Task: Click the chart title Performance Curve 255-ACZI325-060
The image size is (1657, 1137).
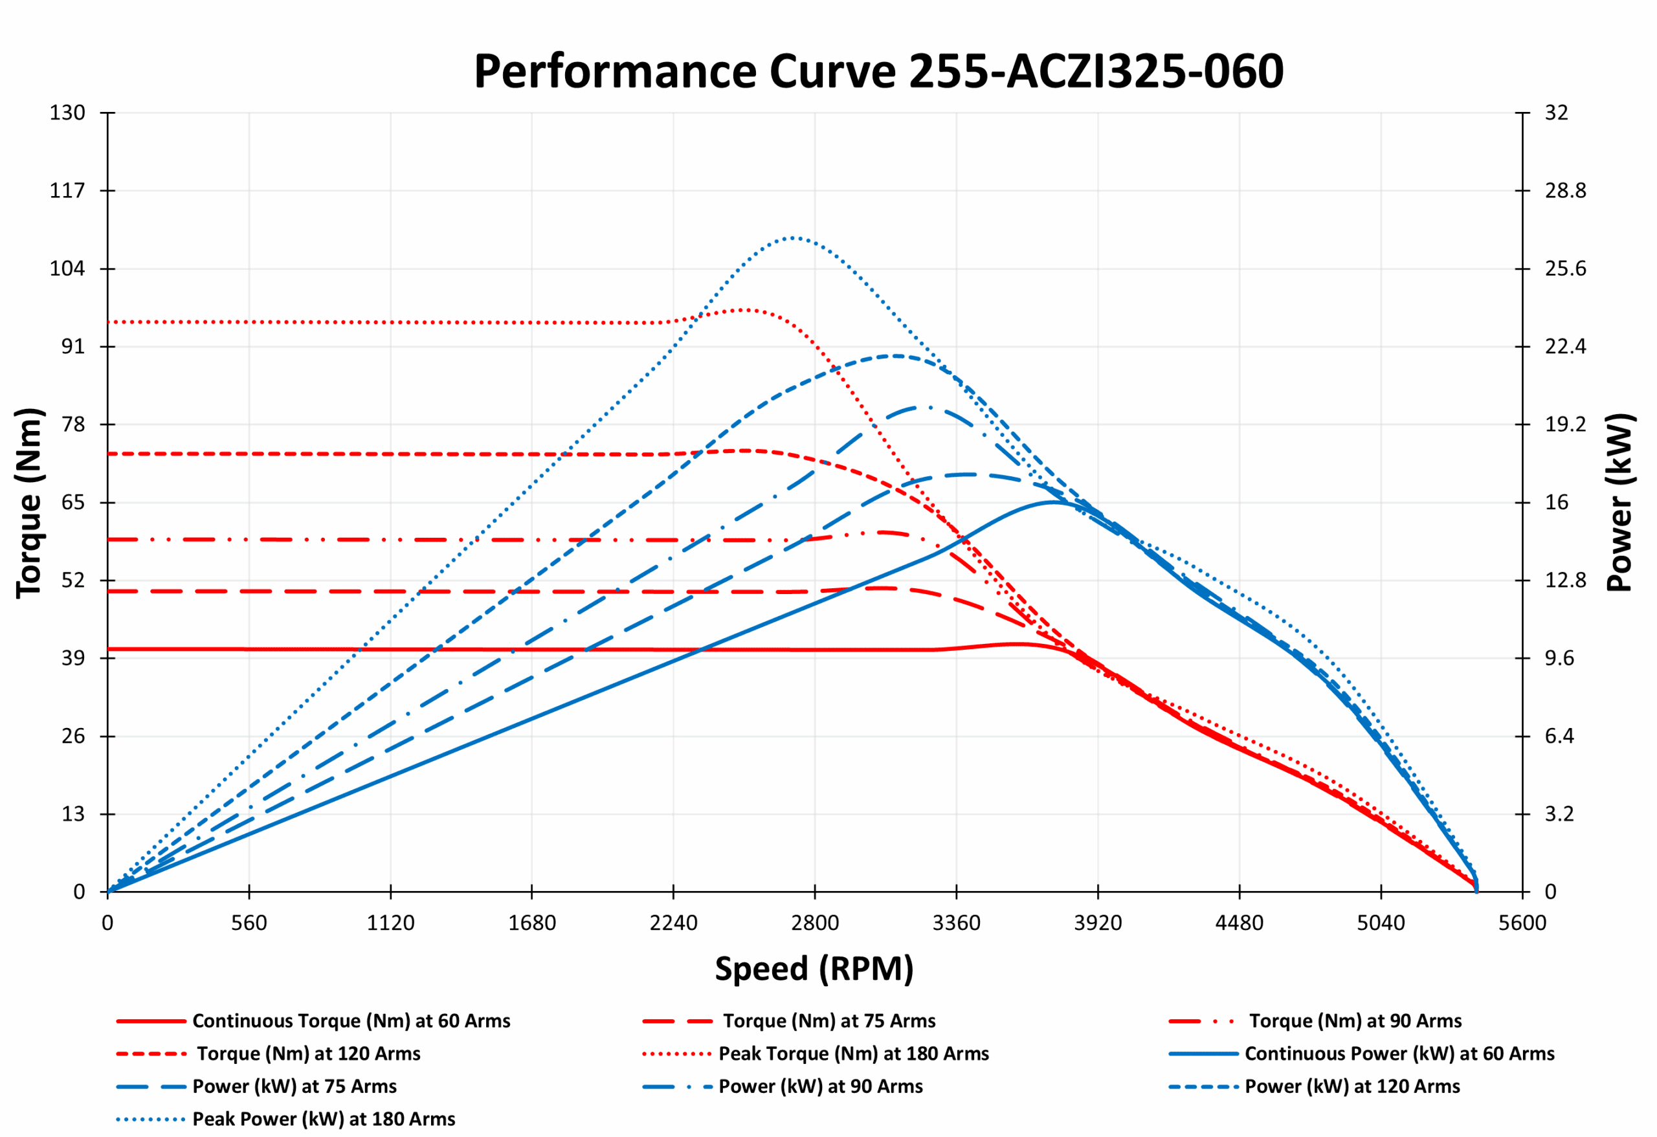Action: pyautogui.click(x=878, y=71)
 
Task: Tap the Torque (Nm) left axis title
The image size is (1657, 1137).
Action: pyautogui.click(x=30, y=503)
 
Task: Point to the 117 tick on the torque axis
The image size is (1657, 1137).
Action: pyautogui.click(x=67, y=190)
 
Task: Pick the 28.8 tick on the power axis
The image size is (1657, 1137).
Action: pyautogui.click(x=1565, y=190)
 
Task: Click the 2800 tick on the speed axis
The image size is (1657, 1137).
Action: pyautogui.click(x=815, y=923)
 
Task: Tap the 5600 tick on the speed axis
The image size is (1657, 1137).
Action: pyautogui.click(x=1522, y=923)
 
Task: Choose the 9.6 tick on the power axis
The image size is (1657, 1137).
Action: pyautogui.click(x=1559, y=658)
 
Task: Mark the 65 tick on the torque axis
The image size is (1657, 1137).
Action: pyautogui.click(x=72, y=503)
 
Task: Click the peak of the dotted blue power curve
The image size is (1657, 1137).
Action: pyautogui.click(x=792, y=237)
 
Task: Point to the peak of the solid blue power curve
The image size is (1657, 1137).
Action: pyautogui.click(x=1054, y=502)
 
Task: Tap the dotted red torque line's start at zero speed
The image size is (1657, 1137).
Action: pyautogui.click(x=109, y=322)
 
